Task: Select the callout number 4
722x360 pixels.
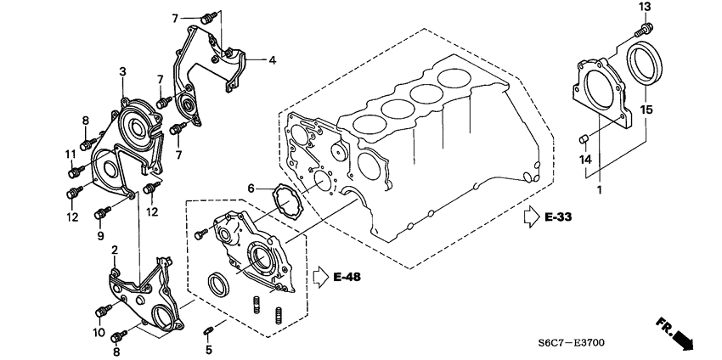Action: [x=273, y=60]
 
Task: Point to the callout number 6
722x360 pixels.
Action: [x=251, y=188]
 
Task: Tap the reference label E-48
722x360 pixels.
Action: [x=348, y=277]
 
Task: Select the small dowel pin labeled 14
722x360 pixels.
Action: [x=584, y=138]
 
